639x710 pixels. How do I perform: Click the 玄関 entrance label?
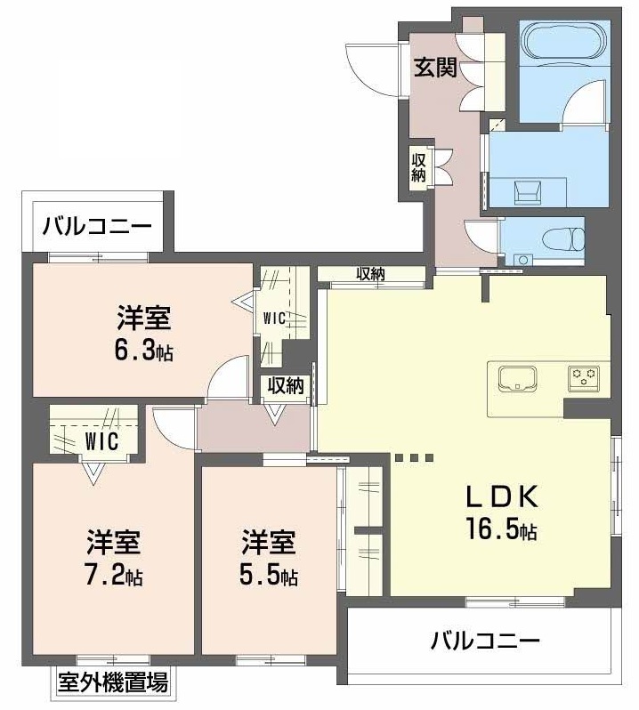click(435, 69)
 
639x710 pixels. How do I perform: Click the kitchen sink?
click(517, 378)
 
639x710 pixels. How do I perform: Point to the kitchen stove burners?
click(584, 377)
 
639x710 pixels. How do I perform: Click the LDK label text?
click(502, 496)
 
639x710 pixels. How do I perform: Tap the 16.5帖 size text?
click(501, 528)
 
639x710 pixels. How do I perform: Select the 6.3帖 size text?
click(143, 350)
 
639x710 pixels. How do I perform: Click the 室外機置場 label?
click(113, 682)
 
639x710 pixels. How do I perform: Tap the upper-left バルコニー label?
click(97, 226)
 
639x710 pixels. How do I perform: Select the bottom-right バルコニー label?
click(485, 641)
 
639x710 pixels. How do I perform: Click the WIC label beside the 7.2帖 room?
click(101, 441)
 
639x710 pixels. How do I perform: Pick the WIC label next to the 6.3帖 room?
click(274, 319)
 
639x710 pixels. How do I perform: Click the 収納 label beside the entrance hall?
click(418, 168)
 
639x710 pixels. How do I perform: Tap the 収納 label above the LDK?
click(370, 273)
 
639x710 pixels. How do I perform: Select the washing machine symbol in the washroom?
click(527, 192)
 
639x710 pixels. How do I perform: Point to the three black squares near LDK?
click(414, 457)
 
